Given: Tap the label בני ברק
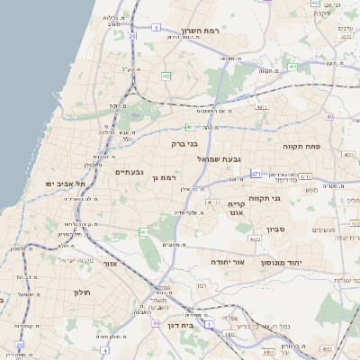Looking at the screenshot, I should click(184, 142).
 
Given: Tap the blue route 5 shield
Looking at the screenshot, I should click(156, 28).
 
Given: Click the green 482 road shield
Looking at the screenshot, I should click(166, 76).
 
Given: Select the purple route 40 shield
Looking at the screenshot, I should click(330, 116).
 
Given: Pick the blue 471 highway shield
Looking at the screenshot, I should click(256, 174).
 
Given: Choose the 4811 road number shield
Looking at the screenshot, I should click(263, 107).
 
